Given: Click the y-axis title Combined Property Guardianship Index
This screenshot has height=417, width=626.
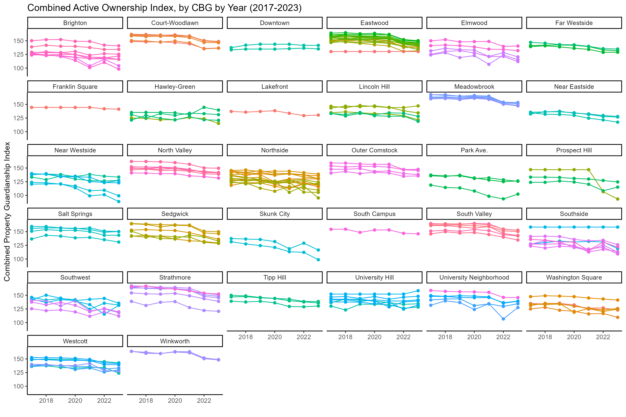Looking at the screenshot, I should (x=7, y=211).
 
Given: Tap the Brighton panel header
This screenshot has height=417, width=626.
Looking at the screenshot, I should (x=75, y=23).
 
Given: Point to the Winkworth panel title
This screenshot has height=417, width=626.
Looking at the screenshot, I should (x=175, y=341).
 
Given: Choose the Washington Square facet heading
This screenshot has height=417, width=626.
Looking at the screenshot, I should (x=574, y=277).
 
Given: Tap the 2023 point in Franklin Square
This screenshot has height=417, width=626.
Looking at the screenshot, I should (x=119, y=109).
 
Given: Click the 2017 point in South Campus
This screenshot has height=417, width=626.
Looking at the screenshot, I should (x=331, y=229).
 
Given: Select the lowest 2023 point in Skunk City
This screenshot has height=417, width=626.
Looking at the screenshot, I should (x=318, y=260).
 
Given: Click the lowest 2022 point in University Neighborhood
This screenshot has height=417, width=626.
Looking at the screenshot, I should (x=503, y=319).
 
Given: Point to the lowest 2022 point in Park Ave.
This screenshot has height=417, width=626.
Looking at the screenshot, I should (x=503, y=199).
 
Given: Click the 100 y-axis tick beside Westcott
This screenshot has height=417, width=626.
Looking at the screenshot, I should (x=18, y=386).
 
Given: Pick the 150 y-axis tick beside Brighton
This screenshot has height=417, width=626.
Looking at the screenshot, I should (x=18, y=41).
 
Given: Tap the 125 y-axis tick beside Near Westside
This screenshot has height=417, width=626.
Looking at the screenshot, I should (x=18, y=182).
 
